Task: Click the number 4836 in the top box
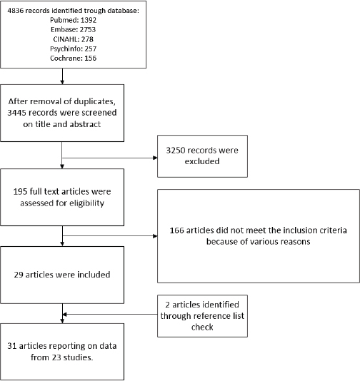point(15,11)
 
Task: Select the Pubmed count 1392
point(89,20)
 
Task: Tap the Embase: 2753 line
point(74,30)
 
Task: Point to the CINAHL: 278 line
point(74,39)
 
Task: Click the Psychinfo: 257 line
point(74,49)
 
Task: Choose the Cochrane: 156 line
point(74,59)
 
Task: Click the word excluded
point(202,161)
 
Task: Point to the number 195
point(20,192)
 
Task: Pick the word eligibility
point(86,203)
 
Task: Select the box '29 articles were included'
point(62,275)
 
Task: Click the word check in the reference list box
point(202,327)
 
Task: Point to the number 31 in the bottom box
point(11,346)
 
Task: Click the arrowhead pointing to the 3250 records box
point(155,158)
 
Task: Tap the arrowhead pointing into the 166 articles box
point(155,236)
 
